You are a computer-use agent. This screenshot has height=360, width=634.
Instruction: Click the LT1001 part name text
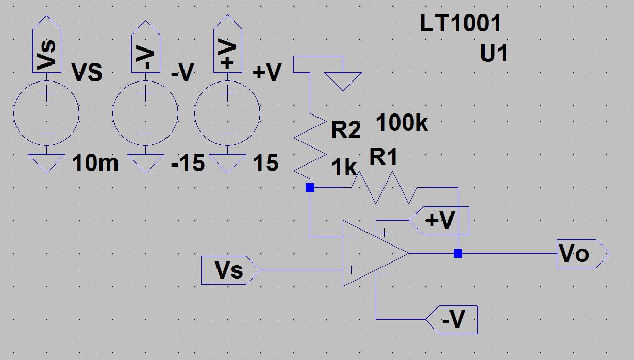460,23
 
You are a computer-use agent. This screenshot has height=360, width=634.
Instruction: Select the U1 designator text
494,53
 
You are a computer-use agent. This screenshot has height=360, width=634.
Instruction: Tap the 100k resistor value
402,122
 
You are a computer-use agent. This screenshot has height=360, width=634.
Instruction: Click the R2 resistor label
346,130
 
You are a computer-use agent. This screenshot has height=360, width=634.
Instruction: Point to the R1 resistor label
383,156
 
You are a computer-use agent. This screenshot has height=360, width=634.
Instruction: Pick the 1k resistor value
344,168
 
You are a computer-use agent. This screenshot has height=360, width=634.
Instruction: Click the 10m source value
95,163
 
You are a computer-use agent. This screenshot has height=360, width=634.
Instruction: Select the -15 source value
188,163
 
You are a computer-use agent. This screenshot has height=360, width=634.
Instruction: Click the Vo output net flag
583,254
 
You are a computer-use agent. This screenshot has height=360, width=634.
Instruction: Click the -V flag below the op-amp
452,319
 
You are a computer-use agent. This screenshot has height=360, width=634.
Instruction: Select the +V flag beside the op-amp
439,221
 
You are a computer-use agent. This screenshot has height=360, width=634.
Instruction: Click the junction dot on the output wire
458,254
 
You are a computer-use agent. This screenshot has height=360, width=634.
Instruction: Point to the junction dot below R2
310,188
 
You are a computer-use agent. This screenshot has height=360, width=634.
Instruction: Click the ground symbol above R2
343,81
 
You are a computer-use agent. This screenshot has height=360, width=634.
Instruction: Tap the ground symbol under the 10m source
47,163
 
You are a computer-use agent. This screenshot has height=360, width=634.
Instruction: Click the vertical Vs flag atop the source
47,44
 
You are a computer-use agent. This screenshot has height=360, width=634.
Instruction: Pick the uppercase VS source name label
87,73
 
